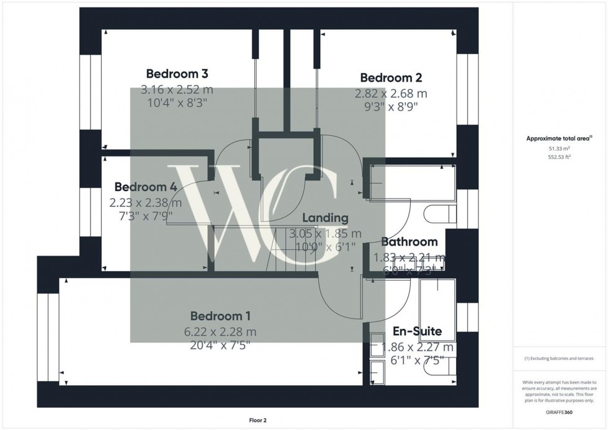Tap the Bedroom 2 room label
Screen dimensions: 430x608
[391, 78]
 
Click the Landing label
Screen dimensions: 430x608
[325, 218]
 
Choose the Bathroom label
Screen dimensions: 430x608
[409, 242]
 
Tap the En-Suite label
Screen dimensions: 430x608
[417, 332]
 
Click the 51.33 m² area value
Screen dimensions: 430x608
[558, 149]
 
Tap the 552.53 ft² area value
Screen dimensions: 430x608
[558, 157]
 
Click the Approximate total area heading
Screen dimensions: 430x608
[558, 138]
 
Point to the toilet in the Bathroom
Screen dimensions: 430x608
[439, 215]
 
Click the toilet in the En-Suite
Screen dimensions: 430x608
[439, 370]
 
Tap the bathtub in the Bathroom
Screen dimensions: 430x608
[409, 185]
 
